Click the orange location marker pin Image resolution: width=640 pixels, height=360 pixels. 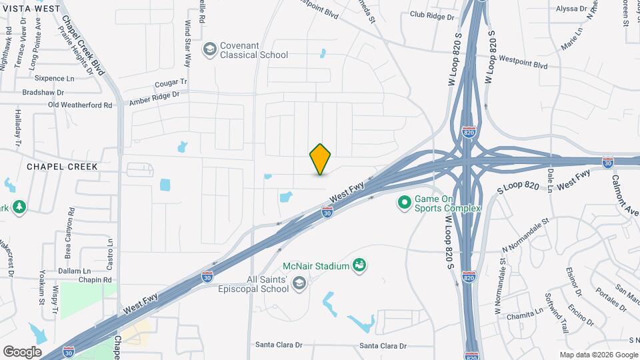320,159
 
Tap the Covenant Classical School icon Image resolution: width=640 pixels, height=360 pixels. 210,49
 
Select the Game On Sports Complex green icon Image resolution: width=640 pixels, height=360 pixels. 403,201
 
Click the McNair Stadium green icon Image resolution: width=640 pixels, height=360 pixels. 359,266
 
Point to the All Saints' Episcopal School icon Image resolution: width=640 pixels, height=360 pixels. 299,283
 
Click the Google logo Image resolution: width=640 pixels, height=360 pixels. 22,351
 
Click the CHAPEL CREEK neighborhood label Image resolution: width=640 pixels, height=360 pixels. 62,167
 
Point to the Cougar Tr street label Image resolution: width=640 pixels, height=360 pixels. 172,83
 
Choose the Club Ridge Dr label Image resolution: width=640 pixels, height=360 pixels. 432,15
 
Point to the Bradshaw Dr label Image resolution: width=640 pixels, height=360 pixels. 43,92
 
